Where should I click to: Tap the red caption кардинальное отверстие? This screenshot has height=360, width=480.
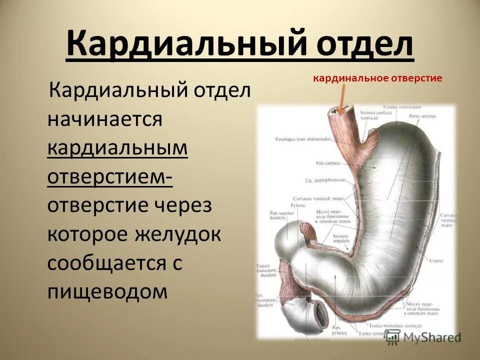click(x=377, y=78)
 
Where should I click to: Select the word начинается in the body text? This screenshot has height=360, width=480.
click(x=105, y=120)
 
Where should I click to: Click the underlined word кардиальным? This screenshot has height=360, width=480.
click(x=117, y=148)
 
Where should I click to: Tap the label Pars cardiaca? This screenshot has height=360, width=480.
click(x=328, y=163)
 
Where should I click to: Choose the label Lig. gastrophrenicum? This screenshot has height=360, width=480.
click(x=322, y=179)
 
